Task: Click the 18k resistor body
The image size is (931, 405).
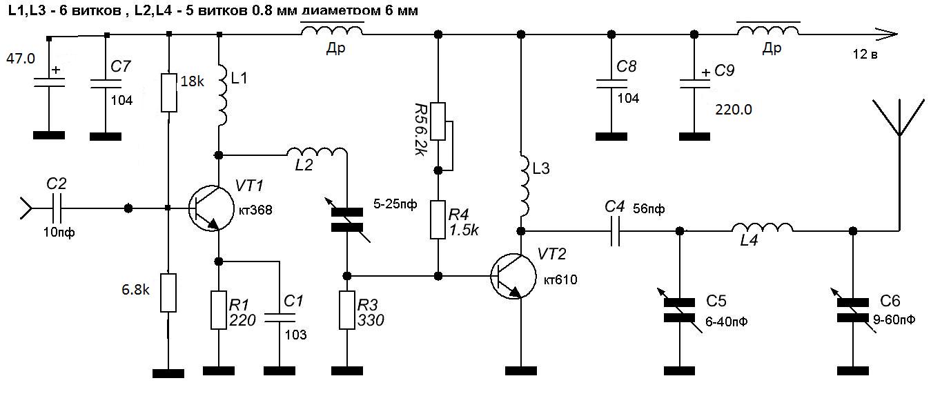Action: coord(169,93)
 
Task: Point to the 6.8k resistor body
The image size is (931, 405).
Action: coord(168,291)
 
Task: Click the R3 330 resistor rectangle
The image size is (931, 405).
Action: coord(348,310)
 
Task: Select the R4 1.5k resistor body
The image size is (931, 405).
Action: coord(438,220)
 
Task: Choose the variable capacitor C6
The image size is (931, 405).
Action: coord(853,309)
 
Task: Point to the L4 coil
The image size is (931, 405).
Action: coord(762,228)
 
